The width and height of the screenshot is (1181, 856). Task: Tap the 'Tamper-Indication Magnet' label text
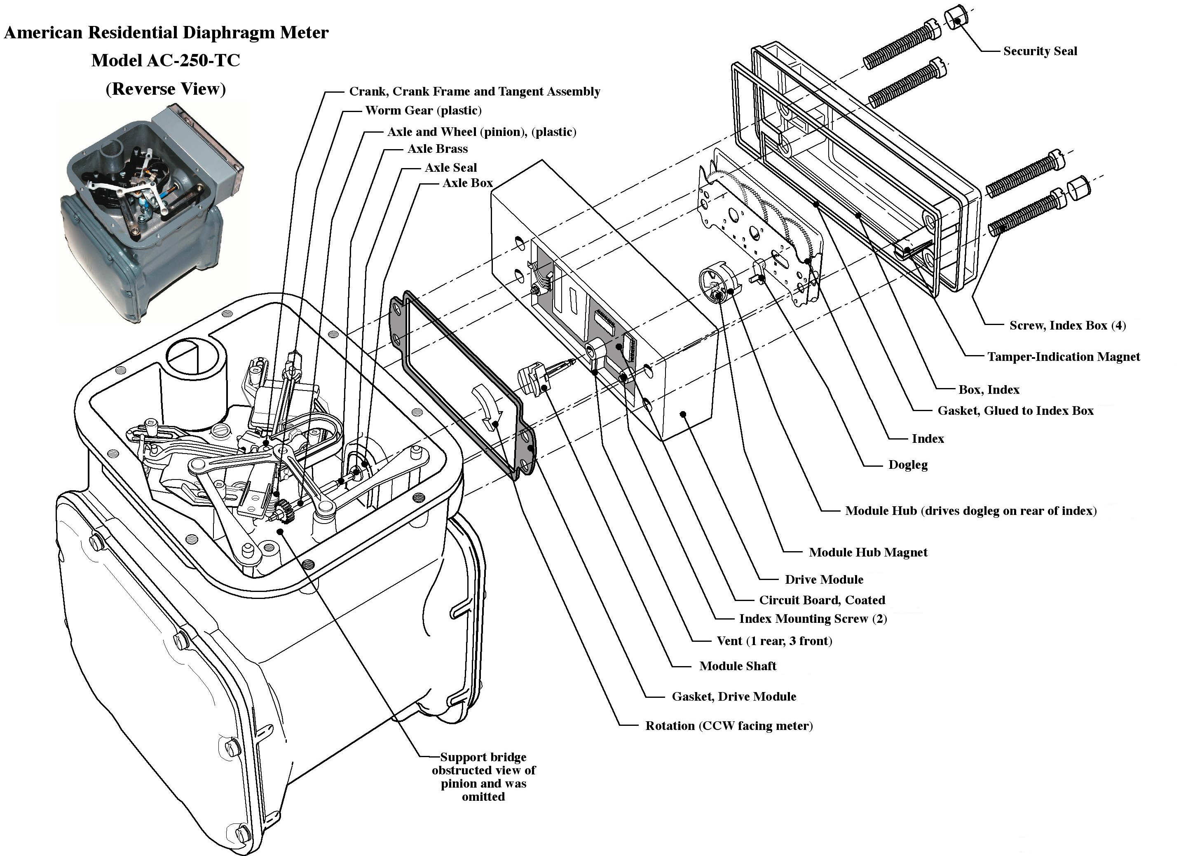click(1063, 357)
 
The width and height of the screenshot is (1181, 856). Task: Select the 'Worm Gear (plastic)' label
click(423, 110)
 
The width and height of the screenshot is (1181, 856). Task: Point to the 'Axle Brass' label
click(437, 149)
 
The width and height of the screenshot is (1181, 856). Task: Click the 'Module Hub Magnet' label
click(867, 552)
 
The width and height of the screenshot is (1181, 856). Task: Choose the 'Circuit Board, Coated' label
click(822, 600)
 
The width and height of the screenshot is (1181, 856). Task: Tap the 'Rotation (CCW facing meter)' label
click(729, 726)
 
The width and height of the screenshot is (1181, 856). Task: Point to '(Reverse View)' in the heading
click(166, 89)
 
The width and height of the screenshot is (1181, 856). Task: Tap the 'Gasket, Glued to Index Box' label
click(1015, 411)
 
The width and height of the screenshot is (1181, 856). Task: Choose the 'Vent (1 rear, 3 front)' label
click(774, 641)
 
